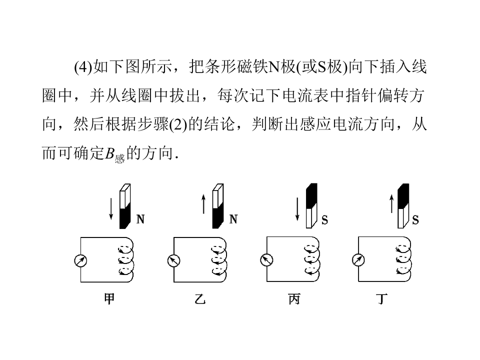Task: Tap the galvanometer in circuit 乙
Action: [173, 260]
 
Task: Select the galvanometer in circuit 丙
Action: [266, 260]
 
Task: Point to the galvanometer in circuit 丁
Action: [358, 260]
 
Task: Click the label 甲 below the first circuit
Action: [108, 299]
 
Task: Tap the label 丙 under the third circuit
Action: [294, 299]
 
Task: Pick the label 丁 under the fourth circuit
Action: [382, 299]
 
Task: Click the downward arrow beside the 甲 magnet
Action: [111, 208]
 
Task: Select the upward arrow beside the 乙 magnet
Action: [203, 203]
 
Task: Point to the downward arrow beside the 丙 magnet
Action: [297, 208]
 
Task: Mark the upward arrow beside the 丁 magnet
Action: [391, 203]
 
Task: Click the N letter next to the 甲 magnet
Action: [140, 219]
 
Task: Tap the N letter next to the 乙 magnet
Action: [233, 219]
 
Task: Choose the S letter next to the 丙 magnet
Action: [325, 219]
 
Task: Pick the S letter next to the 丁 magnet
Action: [415, 219]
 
